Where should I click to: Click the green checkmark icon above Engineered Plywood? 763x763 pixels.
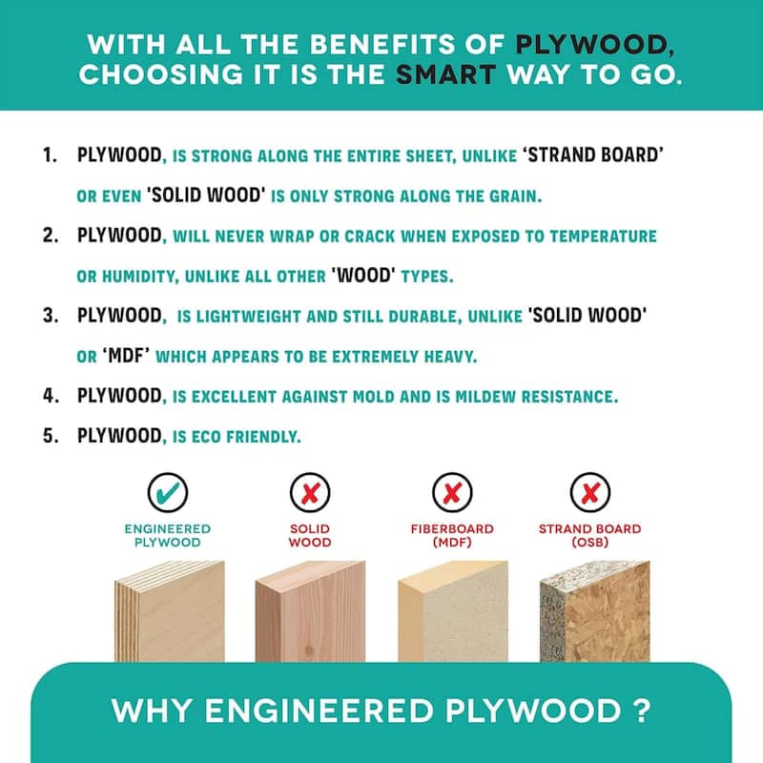click(168, 492)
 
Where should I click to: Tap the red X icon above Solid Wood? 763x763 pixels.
click(310, 492)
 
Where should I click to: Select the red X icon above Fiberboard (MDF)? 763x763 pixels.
click(452, 492)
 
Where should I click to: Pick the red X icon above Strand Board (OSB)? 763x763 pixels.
click(589, 492)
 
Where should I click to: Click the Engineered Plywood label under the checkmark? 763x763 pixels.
click(168, 535)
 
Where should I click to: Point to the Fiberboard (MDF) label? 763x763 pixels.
click(452, 535)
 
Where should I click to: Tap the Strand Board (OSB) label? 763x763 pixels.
click(589, 535)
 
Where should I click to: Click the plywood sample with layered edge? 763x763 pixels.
click(170, 611)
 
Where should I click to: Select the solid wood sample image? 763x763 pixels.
click(310, 611)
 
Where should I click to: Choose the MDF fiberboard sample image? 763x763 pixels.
click(452, 611)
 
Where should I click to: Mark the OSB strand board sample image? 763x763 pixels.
click(594, 611)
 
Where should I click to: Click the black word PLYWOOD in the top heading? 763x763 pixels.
click(591, 45)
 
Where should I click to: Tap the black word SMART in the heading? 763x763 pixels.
click(445, 75)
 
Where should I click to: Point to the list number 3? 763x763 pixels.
click(51, 316)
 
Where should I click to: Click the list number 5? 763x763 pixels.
click(51, 436)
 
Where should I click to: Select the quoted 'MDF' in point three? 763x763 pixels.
click(126, 355)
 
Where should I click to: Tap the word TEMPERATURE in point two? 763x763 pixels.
click(603, 236)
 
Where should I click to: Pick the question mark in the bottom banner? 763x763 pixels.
click(643, 711)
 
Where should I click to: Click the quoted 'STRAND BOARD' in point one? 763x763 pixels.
click(592, 155)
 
